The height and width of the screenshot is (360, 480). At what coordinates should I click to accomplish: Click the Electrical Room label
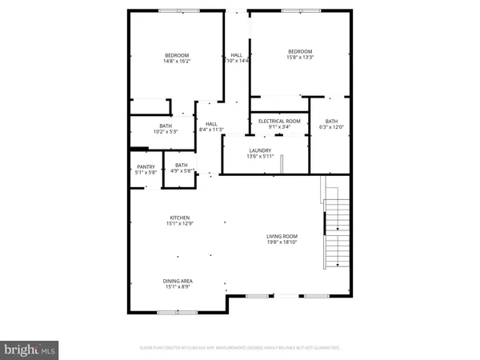pyautogui.click(x=278, y=121)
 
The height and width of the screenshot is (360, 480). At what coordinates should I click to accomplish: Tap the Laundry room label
pyautogui.click(x=260, y=150)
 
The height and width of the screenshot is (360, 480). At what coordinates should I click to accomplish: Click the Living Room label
pyautogui.click(x=282, y=236)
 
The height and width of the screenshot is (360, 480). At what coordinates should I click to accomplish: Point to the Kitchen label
pyautogui.click(x=179, y=218)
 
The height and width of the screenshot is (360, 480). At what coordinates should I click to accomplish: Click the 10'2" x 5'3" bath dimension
pyautogui.click(x=166, y=131)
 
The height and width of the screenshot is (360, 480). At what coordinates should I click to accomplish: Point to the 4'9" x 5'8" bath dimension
pyautogui.click(x=182, y=170)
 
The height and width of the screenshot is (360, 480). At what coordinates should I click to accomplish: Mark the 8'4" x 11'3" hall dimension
pyautogui.click(x=211, y=130)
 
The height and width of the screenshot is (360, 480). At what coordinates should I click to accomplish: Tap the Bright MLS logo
pyautogui.click(x=30, y=349)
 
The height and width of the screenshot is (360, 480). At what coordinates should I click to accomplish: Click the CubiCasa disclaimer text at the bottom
pyautogui.click(x=240, y=349)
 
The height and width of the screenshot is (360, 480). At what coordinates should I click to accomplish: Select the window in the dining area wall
pyautogui.click(x=168, y=313)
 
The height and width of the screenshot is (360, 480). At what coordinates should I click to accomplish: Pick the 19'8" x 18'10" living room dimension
pyautogui.click(x=282, y=242)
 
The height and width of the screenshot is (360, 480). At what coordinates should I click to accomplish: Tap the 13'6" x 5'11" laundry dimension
pyautogui.click(x=260, y=156)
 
